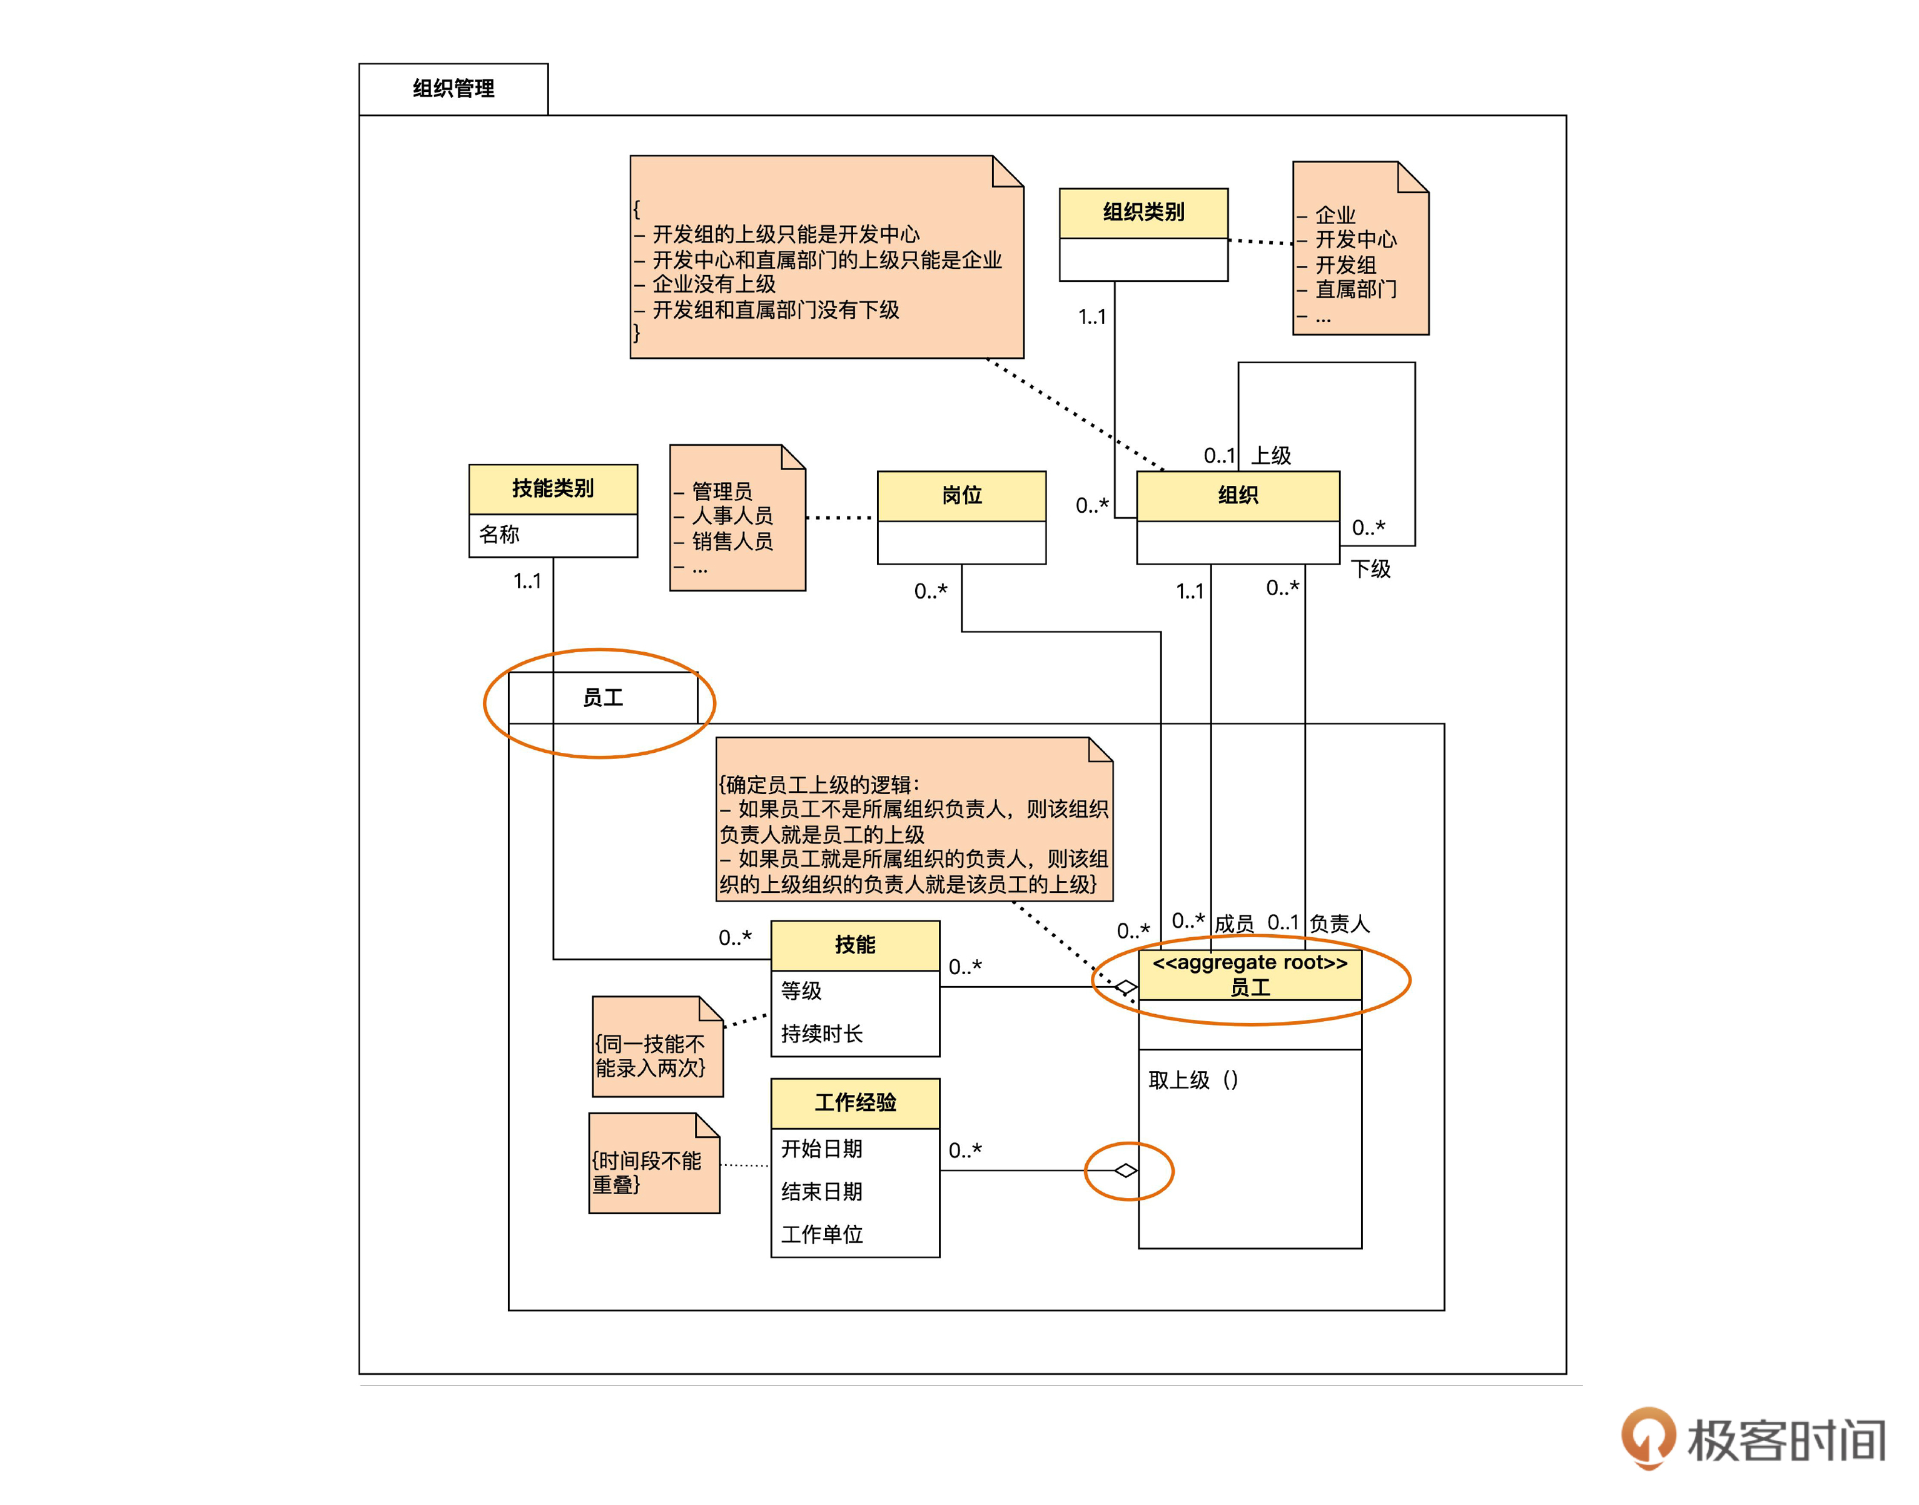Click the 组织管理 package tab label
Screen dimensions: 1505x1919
453,88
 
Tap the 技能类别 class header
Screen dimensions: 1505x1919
553,488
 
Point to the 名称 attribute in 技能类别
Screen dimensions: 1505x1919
499,534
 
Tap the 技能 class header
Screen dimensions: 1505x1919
854,945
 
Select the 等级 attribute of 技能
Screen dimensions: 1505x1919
801,990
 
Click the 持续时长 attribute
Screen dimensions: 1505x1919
821,1034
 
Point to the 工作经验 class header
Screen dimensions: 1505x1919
854,1102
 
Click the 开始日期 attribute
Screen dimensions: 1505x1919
821,1148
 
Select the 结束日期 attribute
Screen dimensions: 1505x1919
821,1191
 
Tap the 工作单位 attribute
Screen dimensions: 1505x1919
821,1234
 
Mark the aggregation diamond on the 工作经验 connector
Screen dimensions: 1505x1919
1126,1170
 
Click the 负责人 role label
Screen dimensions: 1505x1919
1339,924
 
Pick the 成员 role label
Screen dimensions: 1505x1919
1233,924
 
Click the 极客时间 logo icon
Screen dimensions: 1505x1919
1648,1438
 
